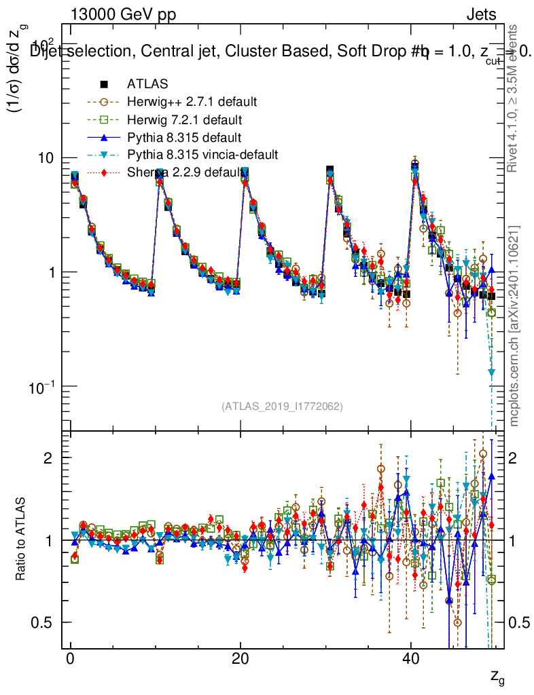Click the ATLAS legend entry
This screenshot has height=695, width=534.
pos(147,84)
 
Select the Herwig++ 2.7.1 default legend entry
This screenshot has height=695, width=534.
pos(191,102)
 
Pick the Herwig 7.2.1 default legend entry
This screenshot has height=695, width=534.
pos(185,119)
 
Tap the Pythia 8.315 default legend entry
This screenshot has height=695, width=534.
pos(184,137)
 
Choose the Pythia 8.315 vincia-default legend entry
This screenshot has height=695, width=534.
pos(202,155)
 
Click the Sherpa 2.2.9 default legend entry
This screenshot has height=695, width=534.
pos(185,172)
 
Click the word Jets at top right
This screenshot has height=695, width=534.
pos(481,15)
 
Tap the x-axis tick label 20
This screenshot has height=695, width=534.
pos(240,660)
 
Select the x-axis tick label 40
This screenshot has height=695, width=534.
pos(410,660)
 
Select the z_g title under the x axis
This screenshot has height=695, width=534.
pos(497,676)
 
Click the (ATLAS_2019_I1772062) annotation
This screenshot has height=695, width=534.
pos(282,407)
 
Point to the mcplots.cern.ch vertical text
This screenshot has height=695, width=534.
pos(514,326)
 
